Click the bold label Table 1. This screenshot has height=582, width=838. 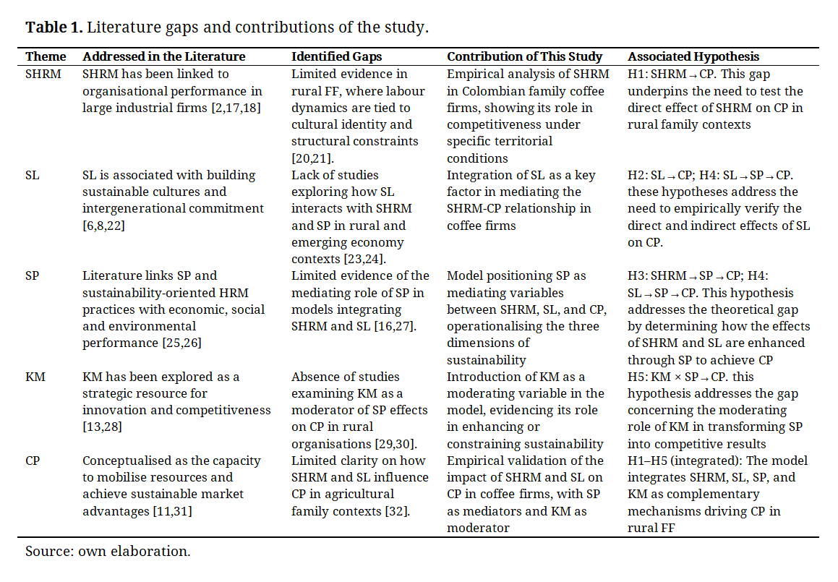(55, 28)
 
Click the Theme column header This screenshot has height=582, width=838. (46, 56)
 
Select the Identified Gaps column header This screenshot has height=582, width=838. (336, 56)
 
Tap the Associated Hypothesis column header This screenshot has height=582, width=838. (693, 56)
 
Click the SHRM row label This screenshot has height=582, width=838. (43, 74)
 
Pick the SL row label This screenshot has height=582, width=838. (33, 175)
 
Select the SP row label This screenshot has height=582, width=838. (33, 275)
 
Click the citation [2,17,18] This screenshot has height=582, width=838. (233, 108)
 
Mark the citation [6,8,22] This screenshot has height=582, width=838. (108, 226)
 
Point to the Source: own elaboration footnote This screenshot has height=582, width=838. (108, 552)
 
